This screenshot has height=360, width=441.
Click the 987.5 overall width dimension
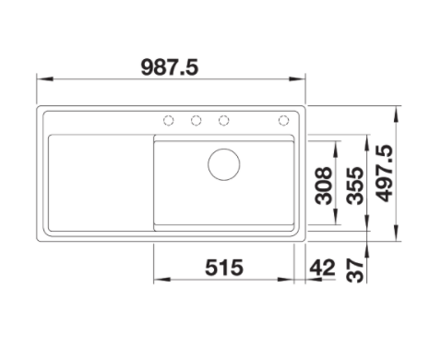coord(170,67)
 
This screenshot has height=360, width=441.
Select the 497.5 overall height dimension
coord(385,174)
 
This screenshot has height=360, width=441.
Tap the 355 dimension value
coord(354,186)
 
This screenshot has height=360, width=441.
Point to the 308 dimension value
coord(324,186)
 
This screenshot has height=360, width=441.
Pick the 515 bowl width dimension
coord(224,267)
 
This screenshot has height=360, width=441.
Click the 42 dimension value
coord(322,267)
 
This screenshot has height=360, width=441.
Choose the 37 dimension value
coord(354,270)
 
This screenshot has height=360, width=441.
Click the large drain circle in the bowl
coord(224,164)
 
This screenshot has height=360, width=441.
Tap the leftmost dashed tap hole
coord(168,120)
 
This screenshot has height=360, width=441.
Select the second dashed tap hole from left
coord(196,120)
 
